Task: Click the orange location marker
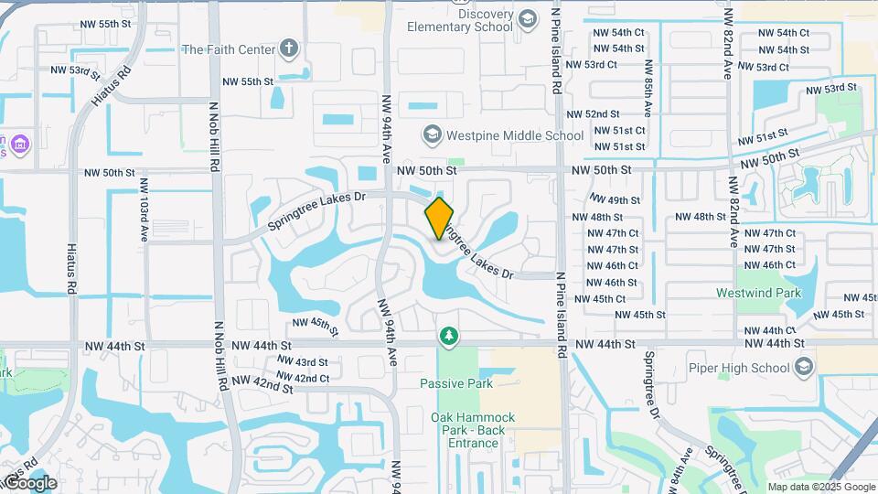440,218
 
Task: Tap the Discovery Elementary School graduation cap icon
529,19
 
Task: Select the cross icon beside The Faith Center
289,48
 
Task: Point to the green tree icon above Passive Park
448,338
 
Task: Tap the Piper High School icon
804,368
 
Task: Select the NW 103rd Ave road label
145,209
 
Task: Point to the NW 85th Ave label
648,88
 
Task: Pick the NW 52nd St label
594,114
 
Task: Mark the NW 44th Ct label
766,330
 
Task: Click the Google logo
29,482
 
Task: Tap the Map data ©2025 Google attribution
821,487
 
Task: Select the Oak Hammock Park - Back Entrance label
473,430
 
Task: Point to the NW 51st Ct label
620,130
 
